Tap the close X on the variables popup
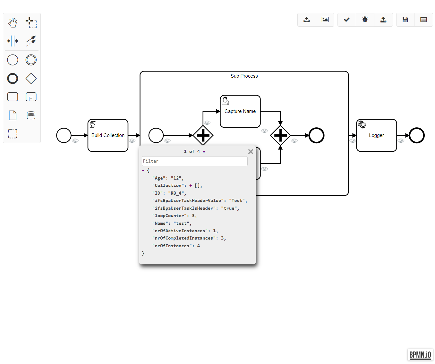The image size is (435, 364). pos(251,152)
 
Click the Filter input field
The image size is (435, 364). pos(194,161)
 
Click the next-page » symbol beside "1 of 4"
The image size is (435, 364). pos(204,151)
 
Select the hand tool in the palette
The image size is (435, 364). pos(13,22)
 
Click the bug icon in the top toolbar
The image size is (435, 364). pos(365,20)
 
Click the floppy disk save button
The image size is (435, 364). pos(405,20)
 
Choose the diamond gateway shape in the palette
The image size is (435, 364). pos(31,78)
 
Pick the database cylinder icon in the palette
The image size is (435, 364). pos(31,115)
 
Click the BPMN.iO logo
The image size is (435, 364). pos(420,355)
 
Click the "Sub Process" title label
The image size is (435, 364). pos(244,76)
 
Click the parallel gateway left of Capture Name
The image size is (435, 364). pos(203,135)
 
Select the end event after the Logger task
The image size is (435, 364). pos(417,135)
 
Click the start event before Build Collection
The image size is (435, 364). pos(64,135)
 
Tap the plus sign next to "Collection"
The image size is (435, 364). pos(191,186)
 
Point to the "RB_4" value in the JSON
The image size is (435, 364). pos(176,193)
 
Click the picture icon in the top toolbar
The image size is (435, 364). pos(325,20)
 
